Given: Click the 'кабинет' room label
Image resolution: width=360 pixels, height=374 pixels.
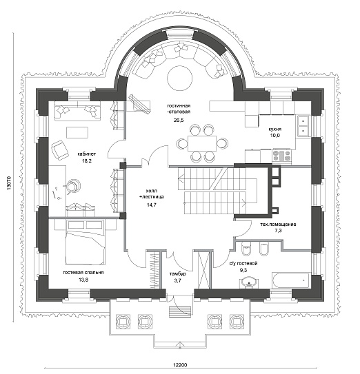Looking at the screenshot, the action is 87,154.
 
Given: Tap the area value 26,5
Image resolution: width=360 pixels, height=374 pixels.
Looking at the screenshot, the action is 179,121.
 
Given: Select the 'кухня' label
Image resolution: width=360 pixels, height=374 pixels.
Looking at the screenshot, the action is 274,129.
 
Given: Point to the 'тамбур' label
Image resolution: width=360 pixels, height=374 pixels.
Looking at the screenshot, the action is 178,274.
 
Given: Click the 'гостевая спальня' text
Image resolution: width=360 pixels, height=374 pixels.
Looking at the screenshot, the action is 83,273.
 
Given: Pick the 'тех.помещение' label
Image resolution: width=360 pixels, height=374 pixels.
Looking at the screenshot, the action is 278,225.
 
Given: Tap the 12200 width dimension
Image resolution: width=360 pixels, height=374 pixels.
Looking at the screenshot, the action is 180,365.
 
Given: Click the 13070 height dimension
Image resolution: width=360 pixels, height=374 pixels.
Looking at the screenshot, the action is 9,183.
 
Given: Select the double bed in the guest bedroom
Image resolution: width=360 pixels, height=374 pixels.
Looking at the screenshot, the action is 85,242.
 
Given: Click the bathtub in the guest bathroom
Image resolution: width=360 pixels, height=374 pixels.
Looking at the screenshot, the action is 292,281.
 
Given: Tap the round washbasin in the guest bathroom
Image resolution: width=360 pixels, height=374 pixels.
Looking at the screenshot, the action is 249,282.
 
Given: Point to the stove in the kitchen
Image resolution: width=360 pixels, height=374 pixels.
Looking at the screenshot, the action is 282,156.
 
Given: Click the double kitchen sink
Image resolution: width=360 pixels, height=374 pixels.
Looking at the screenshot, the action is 303,126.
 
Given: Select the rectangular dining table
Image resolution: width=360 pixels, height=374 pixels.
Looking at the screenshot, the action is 202,143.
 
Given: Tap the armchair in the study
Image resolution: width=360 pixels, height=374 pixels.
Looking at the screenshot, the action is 59,150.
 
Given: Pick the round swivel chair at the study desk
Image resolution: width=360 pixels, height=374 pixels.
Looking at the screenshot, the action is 72,185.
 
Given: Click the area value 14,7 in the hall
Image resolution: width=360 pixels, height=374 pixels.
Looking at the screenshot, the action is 152,205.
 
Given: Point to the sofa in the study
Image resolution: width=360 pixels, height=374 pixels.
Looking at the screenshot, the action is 78,111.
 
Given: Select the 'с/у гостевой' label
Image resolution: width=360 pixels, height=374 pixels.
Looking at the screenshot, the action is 243,264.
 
